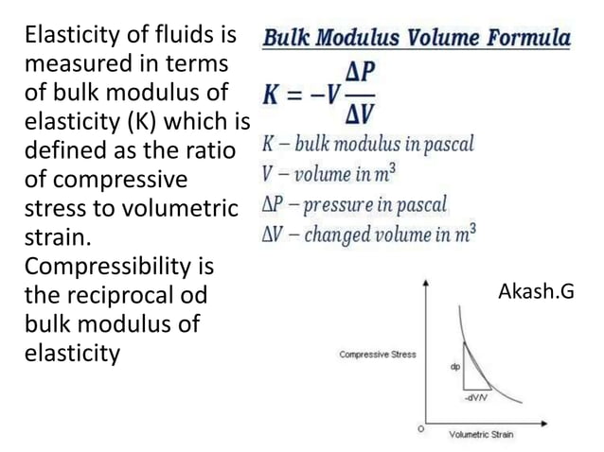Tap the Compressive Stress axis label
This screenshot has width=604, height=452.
tap(377, 355)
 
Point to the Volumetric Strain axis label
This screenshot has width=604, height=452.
tap(481, 434)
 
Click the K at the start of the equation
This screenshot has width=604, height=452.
tap(273, 97)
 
